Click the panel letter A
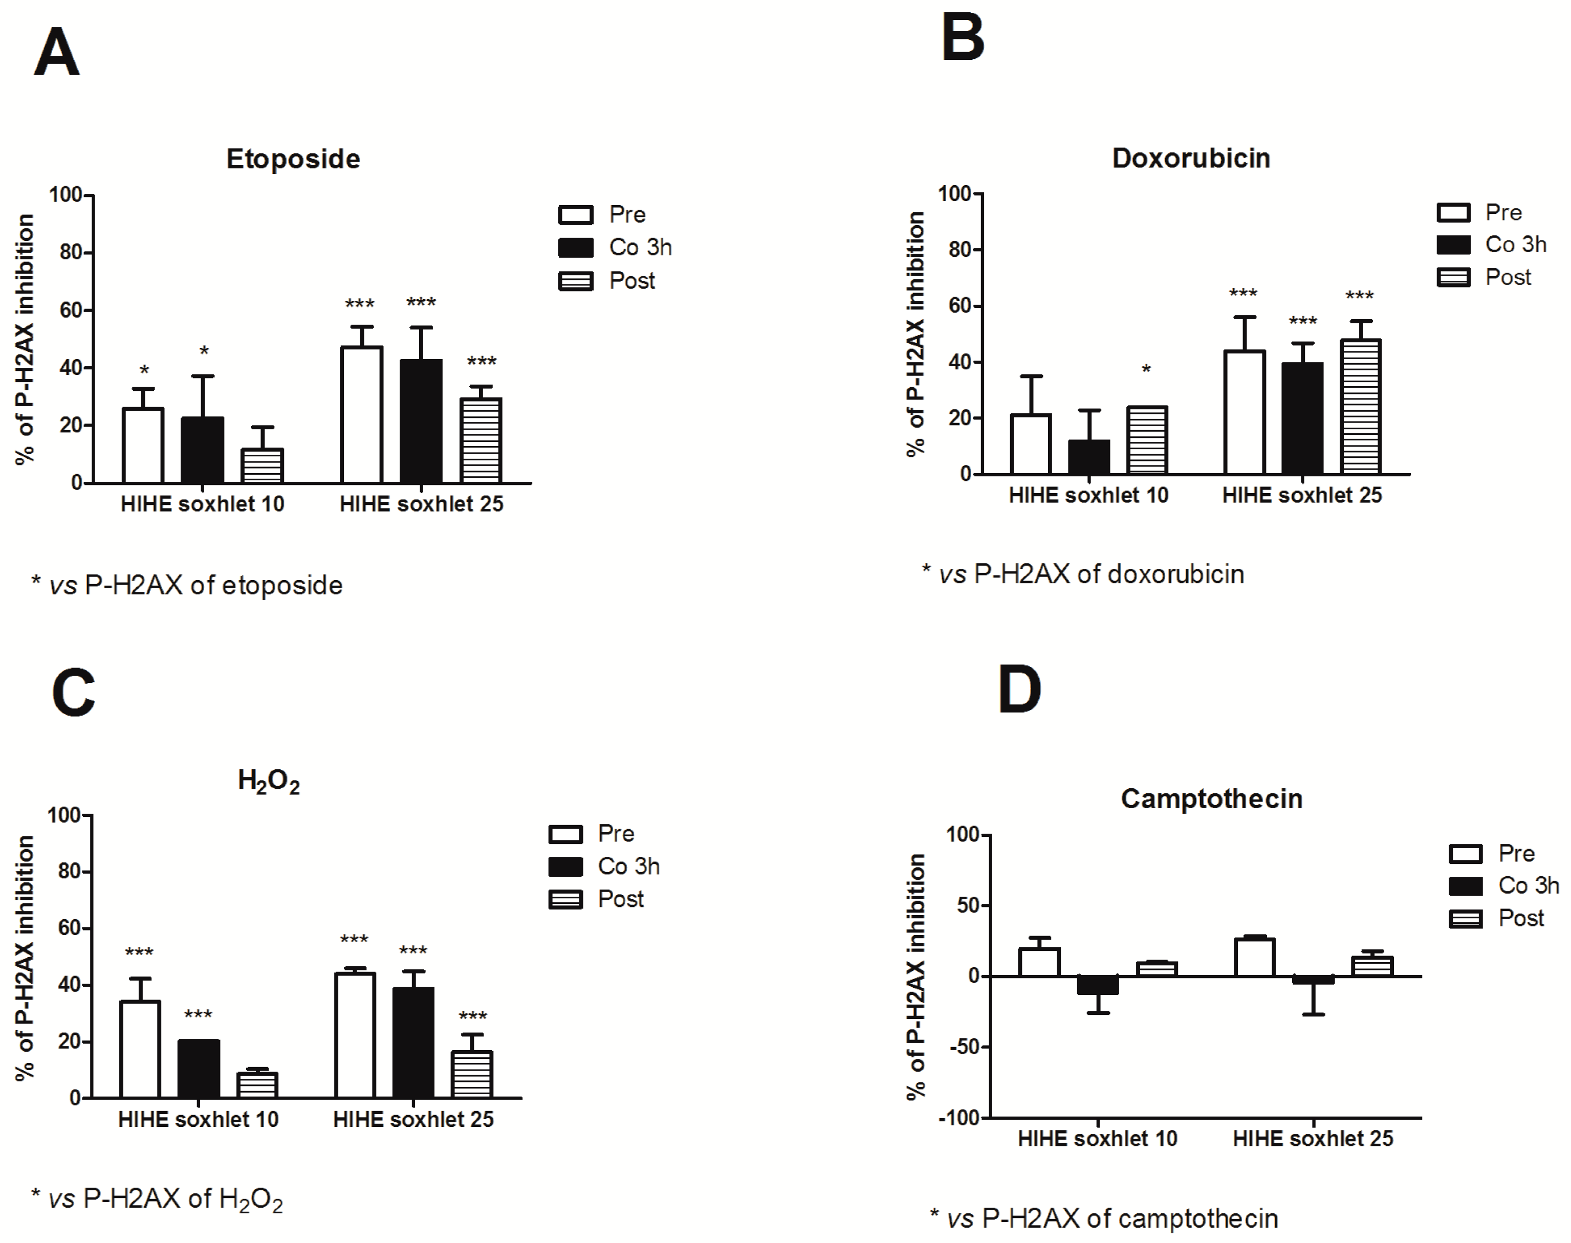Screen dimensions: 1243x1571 click(56, 52)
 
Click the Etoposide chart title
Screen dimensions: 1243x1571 click(293, 159)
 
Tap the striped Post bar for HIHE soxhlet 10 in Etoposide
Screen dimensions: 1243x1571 click(262, 466)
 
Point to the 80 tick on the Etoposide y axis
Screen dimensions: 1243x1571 click(71, 253)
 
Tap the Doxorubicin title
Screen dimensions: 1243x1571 click(1190, 158)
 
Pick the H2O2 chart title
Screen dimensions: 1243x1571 click(268, 781)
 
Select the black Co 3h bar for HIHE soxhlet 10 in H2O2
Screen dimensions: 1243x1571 click(199, 1069)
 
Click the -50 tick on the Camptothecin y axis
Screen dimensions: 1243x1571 click(967, 1047)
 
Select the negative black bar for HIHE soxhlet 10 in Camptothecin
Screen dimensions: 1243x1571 click(1098, 985)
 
